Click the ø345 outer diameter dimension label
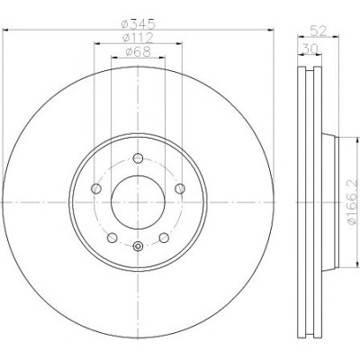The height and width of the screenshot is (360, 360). coord(139,24)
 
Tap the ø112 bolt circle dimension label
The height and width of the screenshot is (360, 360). coord(139,38)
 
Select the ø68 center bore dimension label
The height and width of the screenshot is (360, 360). coord(138,52)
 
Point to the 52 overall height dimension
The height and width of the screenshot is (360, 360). coord(318,31)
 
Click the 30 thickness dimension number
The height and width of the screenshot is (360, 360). coord(309,49)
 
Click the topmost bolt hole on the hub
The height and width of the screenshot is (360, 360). coord(138,158)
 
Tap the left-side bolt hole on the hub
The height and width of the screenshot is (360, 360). coord(96,189)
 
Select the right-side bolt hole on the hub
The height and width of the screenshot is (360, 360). coord(180,189)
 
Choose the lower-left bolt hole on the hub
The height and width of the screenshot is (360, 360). coord(112,238)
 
